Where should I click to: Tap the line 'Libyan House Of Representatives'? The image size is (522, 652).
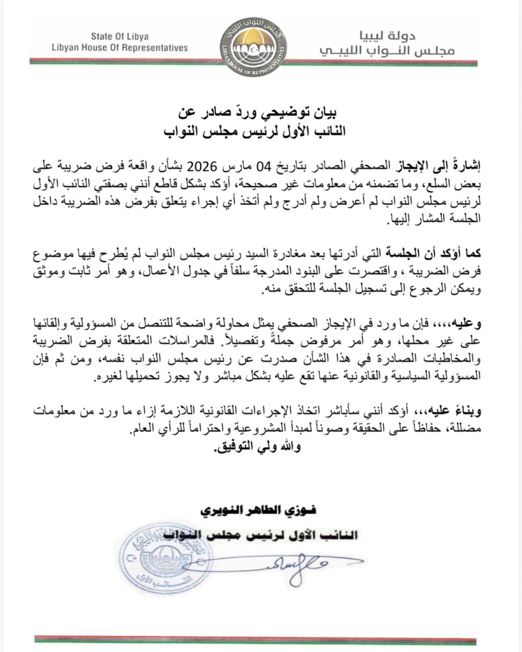120,48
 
